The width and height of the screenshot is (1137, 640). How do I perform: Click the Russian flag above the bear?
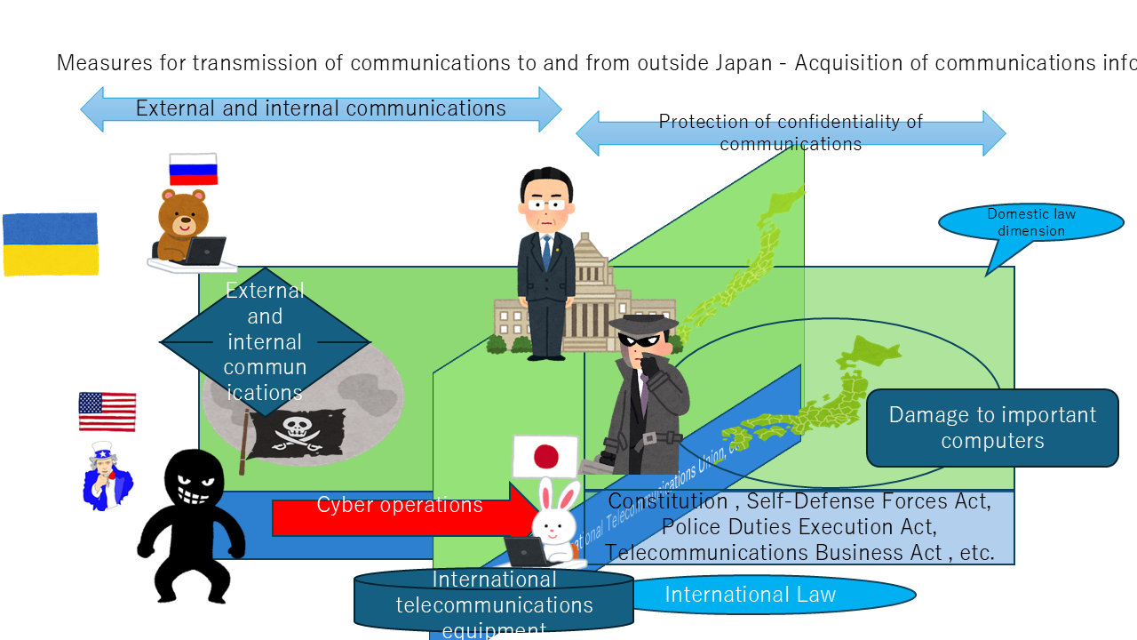[x=194, y=169]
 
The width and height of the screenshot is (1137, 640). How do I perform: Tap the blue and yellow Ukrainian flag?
[x=51, y=244]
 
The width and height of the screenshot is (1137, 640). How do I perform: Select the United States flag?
[x=107, y=412]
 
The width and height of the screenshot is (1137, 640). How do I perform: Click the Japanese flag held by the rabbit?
[x=545, y=457]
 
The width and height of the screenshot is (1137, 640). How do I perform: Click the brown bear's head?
[x=183, y=213]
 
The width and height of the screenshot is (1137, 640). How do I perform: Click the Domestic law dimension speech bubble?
[x=1030, y=223]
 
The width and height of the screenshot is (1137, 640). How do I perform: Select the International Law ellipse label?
[x=751, y=595]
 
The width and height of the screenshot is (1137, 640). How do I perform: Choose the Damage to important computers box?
[x=992, y=428]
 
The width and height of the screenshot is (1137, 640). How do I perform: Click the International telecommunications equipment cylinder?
[x=494, y=602]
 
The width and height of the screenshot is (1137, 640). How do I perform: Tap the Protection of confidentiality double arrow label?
[x=791, y=133]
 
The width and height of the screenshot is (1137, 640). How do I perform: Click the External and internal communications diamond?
[x=265, y=341]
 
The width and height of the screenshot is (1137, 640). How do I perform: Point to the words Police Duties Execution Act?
[x=798, y=526]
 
